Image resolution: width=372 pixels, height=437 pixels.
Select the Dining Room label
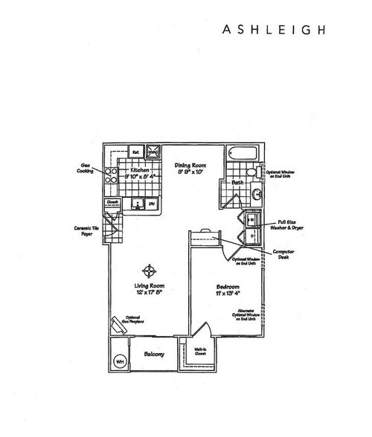(x=190, y=166)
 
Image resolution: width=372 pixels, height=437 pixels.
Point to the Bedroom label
(x=227, y=287)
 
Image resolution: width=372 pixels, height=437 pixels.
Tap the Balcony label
(x=153, y=356)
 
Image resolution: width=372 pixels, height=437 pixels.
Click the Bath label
(x=237, y=181)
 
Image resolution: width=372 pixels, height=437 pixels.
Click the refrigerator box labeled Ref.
(x=137, y=150)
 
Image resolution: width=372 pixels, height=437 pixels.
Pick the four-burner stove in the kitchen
(x=110, y=176)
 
